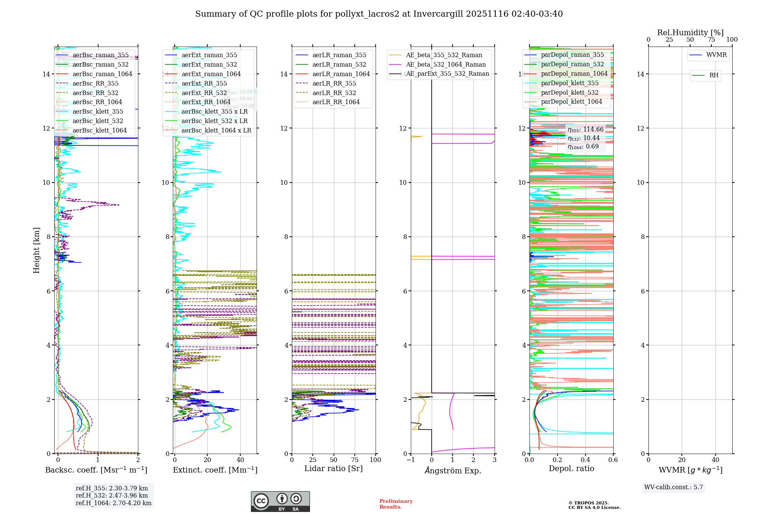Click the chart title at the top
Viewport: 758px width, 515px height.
pos(379,14)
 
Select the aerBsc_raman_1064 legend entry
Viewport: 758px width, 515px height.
pos(102,74)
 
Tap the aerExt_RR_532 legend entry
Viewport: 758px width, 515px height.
pos(204,93)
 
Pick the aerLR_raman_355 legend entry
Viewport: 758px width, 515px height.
pos(339,55)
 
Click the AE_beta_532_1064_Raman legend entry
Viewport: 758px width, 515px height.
pos(446,65)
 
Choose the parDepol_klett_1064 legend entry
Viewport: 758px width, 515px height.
pos(571,102)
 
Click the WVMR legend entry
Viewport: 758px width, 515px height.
pos(716,55)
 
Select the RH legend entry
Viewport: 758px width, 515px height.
pos(714,75)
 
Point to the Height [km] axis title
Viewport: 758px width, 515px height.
pos(36,250)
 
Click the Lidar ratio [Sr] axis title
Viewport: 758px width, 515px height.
pos(334,469)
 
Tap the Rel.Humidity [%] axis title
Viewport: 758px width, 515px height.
pos(690,33)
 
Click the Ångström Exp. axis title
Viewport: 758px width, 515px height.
pos(453,471)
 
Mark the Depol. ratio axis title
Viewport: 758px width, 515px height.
pos(571,469)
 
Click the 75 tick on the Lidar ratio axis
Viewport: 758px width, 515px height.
pos(355,460)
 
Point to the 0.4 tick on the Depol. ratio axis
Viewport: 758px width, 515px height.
pos(585,460)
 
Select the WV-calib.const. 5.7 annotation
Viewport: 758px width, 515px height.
pos(673,487)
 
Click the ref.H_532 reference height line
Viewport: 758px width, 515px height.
pos(112,496)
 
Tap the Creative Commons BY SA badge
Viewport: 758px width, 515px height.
pos(280,501)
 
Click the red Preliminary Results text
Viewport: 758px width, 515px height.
pos(396,504)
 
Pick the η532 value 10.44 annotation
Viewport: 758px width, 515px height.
pos(584,138)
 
